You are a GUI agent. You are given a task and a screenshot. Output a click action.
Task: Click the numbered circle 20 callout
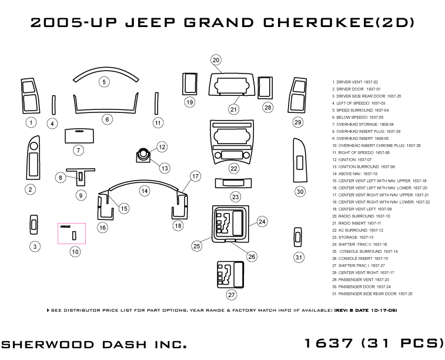point(216,60)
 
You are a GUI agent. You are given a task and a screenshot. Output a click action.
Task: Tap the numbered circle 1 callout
point(31,122)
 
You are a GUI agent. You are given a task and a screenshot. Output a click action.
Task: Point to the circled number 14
point(144,191)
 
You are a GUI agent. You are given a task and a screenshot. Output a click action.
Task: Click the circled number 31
point(299,257)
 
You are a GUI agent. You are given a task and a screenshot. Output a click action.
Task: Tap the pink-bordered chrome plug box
point(72,233)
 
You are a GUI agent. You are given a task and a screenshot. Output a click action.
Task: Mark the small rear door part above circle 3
point(35,224)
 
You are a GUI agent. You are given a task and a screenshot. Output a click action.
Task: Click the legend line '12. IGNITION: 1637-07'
point(352,159)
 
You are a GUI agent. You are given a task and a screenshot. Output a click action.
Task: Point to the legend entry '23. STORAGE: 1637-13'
point(353,237)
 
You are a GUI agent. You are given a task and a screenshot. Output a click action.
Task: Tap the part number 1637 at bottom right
point(329,343)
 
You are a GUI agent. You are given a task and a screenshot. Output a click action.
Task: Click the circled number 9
point(81,195)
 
